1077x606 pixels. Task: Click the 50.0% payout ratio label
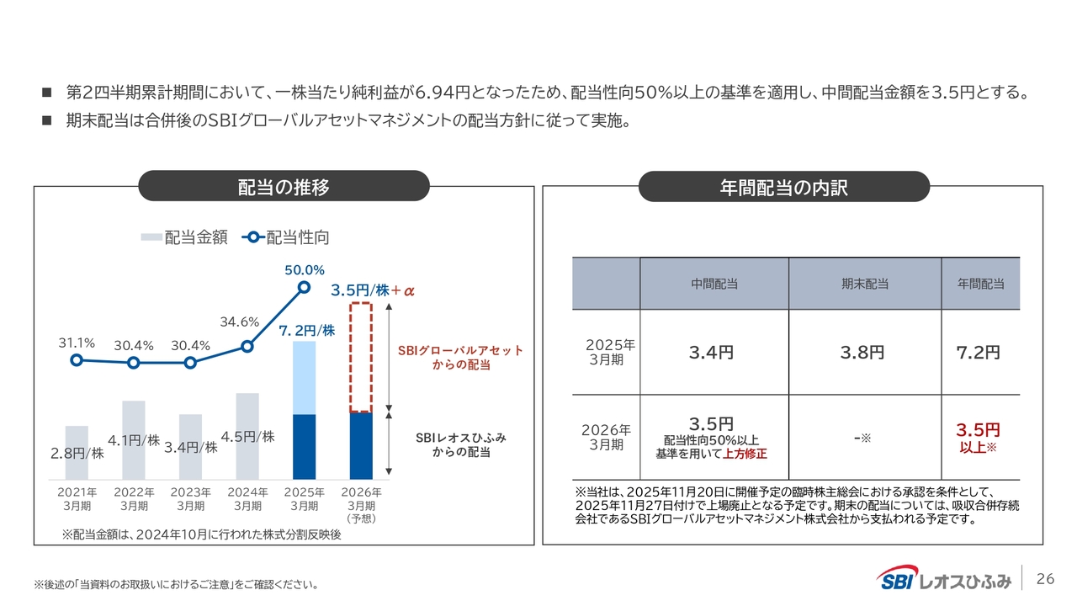pos(305,270)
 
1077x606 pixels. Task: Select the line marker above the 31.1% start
pos(77,360)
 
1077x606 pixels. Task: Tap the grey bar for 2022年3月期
pos(134,439)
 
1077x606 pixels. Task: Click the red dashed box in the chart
pos(361,357)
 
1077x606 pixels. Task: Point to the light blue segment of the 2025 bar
pos(304,378)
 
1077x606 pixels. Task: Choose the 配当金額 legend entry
pos(184,237)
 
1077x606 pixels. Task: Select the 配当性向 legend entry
pos(286,237)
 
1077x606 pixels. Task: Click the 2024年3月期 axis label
pos(247,499)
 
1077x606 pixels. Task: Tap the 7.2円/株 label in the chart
pos(307,331)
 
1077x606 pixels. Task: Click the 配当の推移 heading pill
pos(284,187)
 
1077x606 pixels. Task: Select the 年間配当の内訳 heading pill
pos(783,187)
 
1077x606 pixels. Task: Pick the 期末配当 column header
pos(864,284)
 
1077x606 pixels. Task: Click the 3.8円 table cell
pos(862,353)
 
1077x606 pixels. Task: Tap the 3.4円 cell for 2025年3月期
pos(711,353)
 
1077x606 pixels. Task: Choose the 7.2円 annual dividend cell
pos(979,353)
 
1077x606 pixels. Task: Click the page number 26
pos(1045,578)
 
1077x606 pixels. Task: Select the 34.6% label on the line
pos(239,322)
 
